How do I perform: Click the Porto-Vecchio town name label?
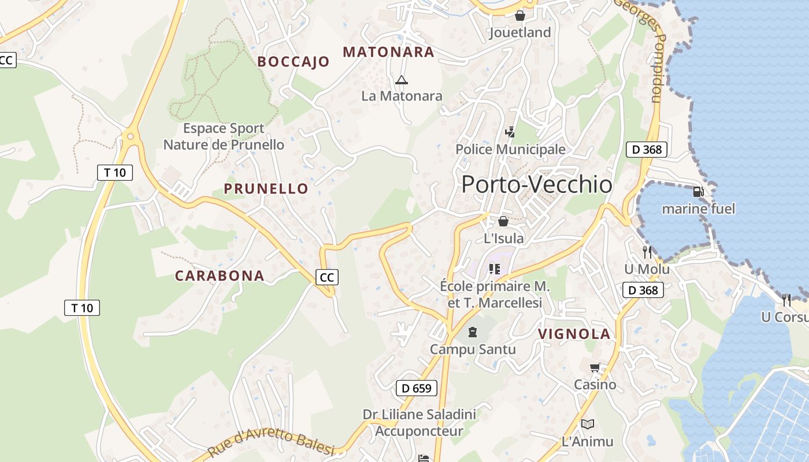[x=537, y=184]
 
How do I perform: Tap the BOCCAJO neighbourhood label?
[x=294, y=61]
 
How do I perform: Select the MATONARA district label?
[x=388, y=52]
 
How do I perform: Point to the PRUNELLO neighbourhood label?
[x=266, y=188]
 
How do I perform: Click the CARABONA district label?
[x=220, y=275]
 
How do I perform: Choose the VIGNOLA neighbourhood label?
[x=574, y=333]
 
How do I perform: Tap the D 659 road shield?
[x=417, y=388]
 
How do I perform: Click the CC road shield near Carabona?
[x=327, y=277]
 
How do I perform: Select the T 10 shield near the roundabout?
[x=115, y=172]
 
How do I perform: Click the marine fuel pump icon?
[x=698, y=192]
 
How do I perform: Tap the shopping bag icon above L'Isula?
[x=503, y=221]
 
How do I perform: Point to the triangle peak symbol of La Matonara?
[x=402, y=80]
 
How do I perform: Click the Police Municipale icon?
[x=510, y=132]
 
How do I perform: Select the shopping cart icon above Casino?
[x=595, y=367]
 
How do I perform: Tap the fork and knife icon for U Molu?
[x=647, y=252]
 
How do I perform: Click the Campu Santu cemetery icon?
[x=473, y=332]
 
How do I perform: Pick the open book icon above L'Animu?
[x=588, y=424]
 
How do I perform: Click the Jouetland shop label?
[x=520, y=32]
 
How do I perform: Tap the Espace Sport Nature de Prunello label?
[x=224, y=136]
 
